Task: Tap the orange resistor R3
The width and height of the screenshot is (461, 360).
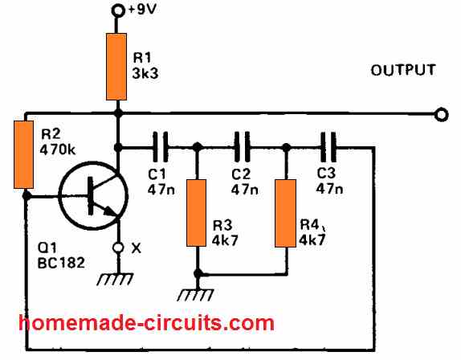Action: (x=197, y=212)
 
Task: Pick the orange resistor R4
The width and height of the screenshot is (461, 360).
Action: (x=286, y=212)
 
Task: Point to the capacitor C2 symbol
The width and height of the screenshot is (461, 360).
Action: (x=243, y=147)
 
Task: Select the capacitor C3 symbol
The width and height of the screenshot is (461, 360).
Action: (x=329, y=147)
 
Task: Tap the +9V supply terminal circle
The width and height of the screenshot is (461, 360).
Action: (x=118, y=10)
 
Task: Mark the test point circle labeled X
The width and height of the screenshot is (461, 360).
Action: (x=118, y=248)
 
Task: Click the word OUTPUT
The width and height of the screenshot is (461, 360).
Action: (x=403, y=71)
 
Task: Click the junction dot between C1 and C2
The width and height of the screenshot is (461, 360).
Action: (x=197, y=147)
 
